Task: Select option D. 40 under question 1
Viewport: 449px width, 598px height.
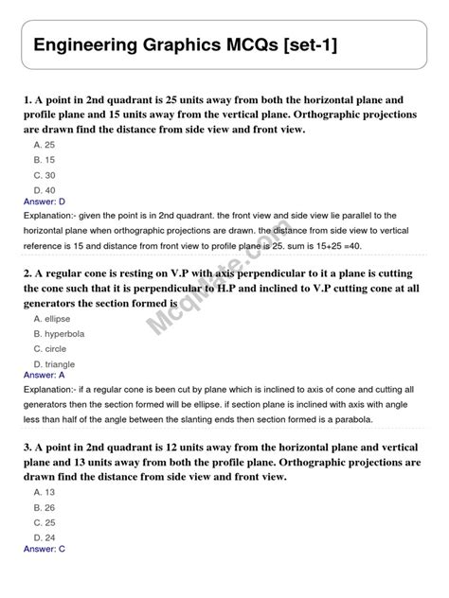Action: pyautogui.click(x=45, y=190)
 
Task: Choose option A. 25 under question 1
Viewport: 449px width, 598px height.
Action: pyautogui.click(x=45, y=145)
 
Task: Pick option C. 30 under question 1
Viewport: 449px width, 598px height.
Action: pyautogui.click(x=45, y=175)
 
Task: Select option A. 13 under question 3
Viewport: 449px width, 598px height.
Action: pyautogui.click(x=45, y=492)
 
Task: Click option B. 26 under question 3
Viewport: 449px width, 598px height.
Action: pyautogui.click(x=45, y=507)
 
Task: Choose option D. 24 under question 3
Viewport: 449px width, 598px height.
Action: pyautogui.click(x=45, y=537)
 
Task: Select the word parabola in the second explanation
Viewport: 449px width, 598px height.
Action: pyautogui.click(x=373, y=419)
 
